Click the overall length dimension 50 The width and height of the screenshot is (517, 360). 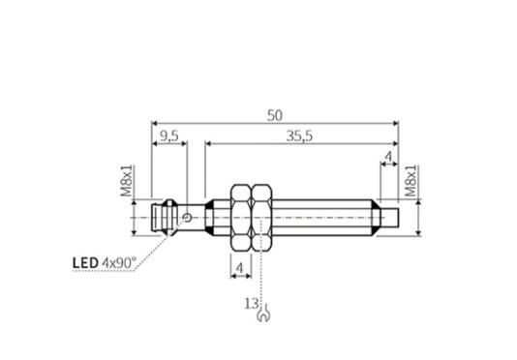[x=275, y=116]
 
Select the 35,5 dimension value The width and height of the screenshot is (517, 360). [x=299, y=136]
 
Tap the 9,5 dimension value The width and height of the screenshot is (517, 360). [x=168, y=136]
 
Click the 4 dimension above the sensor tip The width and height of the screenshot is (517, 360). [x=389, y=157]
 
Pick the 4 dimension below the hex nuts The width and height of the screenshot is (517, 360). [x=240, y=268]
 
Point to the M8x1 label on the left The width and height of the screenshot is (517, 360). [x=127, y=181]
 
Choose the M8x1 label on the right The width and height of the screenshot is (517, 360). [x=411, y=181]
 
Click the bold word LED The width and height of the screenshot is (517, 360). [x=85, y=263]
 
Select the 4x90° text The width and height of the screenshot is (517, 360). [x=119, y=263]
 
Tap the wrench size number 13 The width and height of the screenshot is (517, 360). [x=252, y=304]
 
